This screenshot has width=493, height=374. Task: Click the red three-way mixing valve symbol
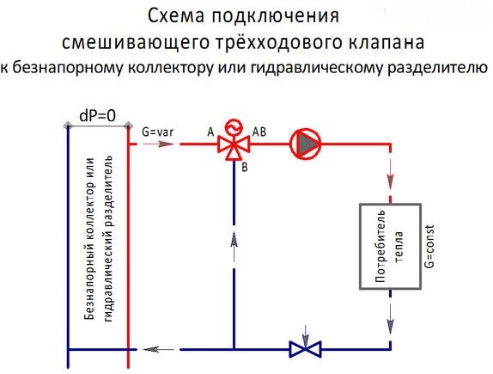[234, 145]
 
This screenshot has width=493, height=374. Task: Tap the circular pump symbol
[305, 144]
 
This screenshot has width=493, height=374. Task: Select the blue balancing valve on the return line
[305, 349]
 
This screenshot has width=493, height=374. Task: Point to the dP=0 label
[97, 115]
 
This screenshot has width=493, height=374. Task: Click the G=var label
[157, 132]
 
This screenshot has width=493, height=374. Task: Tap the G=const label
[429, 246]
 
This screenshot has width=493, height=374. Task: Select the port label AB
[259, 132]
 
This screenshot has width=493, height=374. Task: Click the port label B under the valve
[245, 168]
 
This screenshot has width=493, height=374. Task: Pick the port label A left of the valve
[210, 132]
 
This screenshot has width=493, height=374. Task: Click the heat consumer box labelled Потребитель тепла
[390, 246]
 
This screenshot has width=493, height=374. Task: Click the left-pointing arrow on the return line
[158, 349]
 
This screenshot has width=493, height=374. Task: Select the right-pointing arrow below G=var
[158, 144]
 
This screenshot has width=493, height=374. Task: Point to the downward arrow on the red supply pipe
[390, 174]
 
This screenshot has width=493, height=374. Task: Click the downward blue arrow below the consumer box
[390, 319]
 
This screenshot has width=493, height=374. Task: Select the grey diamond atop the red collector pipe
[128, 126]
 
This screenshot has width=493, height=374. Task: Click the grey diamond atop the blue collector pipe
[68, 126]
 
